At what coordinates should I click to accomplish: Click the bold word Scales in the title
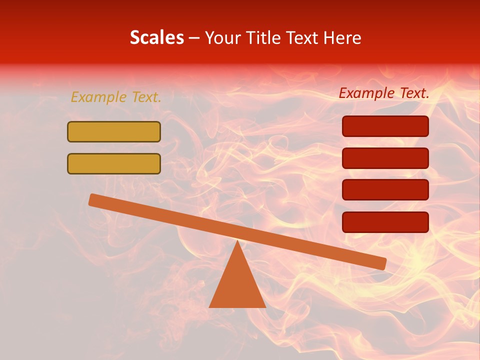tap(156, 37)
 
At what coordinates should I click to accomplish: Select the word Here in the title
tap(342, 37)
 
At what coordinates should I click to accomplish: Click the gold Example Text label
tap(116, 97)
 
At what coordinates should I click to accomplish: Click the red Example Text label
tap(384, 93)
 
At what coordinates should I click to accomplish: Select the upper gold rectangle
tap(114, 131)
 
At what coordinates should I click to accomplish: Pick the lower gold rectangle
tap(114, 163)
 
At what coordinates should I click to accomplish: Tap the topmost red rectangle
tap(385, 126)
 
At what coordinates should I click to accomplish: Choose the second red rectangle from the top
tap(385, 158)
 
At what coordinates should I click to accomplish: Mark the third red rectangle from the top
tap(385, 190)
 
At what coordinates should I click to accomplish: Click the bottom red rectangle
tap(385, 222)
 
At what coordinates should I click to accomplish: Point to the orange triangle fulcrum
tap(237, 285)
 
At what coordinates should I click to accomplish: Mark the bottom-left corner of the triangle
tap(210, 306)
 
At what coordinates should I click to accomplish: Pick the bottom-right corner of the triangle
tap(265, 306)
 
